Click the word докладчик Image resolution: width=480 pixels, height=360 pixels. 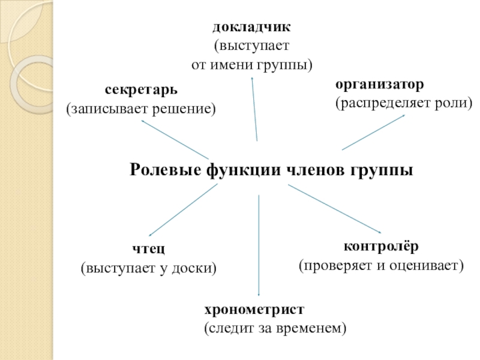[x=252, y=28]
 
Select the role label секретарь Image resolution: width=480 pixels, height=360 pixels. [x=142, y=90]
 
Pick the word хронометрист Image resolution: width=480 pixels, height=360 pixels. [x=254, y=310]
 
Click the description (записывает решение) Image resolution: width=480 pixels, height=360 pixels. [x=141, y=109]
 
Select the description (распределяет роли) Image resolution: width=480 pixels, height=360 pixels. [x=403, y=103]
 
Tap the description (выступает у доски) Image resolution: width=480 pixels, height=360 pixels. [x=148, y=268]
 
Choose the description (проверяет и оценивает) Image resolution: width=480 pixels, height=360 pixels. [x=382, y=265]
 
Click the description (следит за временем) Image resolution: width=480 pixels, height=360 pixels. [x=275, y=329]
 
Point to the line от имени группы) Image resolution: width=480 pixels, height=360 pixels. [x=252, y=64]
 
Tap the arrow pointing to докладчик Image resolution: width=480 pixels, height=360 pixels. [x=254, y=108]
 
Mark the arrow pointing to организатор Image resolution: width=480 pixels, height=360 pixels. [x=373, y=132]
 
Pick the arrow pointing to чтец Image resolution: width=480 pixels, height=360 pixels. [x=183, y=210]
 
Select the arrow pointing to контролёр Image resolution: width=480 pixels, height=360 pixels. [x=335, y=210]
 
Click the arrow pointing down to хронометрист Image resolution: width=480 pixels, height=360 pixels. [x=259, y=246]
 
